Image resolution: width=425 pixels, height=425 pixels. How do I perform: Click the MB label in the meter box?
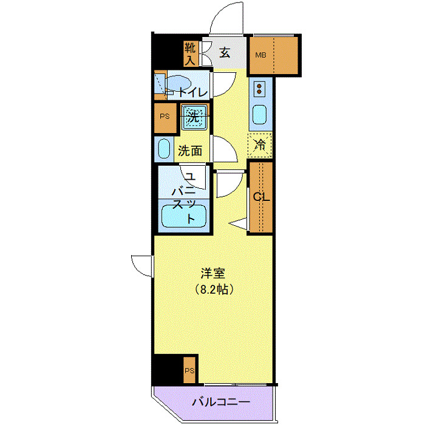coord(260,55)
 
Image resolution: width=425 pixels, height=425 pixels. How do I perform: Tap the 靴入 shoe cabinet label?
coord(190,53)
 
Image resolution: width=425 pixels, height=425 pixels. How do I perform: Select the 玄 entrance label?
coord(225,53)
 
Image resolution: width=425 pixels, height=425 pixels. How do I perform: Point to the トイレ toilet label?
coord(193,92)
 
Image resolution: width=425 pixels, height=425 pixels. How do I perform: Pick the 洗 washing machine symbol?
coord(194,117)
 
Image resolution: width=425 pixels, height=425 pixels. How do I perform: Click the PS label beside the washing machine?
coord(164,117)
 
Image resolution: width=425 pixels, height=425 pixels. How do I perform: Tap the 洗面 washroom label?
coord(189,151)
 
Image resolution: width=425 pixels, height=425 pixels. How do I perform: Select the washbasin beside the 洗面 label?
coord(164,149)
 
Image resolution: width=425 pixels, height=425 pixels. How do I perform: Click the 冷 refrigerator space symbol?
coord(260,145)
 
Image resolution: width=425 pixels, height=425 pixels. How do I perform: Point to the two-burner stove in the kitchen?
coord(260,90)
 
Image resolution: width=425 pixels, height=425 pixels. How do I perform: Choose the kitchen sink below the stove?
coord(260,115)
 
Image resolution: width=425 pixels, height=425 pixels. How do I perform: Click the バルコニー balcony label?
coord(221,402)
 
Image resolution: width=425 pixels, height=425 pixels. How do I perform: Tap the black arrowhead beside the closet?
coord(241,224)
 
